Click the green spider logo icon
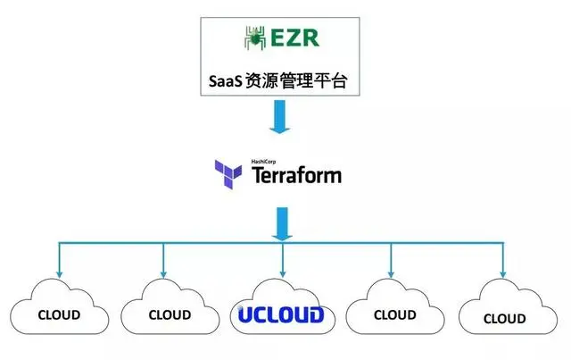254,38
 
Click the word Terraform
297,174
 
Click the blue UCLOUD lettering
280,314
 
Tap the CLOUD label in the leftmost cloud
58,314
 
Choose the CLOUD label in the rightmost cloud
504,317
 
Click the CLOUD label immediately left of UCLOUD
169,314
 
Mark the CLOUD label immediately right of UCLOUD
394,314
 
